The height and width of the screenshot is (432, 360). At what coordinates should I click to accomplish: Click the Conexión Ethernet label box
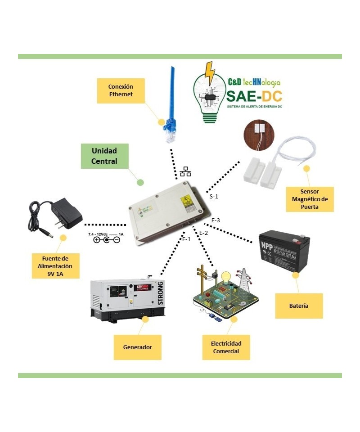(121, 90)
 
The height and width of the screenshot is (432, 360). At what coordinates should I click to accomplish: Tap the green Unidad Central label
(104, 156)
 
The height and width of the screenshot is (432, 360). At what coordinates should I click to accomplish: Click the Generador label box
(137, 347)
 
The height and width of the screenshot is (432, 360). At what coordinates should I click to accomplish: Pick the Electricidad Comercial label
(226, 347)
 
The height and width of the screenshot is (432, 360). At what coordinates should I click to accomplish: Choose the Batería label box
(299, 306)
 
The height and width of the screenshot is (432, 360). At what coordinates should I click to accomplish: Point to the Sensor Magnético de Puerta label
(310, 199)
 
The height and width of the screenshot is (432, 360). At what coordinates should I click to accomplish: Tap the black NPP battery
(284, 251)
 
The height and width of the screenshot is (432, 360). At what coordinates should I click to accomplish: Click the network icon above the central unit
(185, 172)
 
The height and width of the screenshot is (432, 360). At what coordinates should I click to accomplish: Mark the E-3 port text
(216, 220)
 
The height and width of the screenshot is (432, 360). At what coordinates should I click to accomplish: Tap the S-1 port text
(214, 197)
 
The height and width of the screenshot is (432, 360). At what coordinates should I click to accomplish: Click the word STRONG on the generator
(161, 293)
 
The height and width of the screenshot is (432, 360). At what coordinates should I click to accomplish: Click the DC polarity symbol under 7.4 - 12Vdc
(107, 240)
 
